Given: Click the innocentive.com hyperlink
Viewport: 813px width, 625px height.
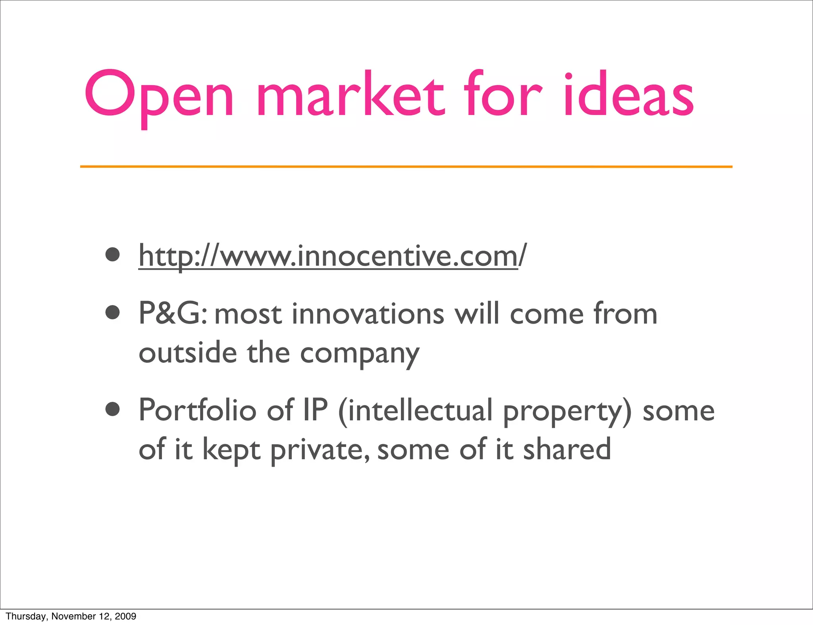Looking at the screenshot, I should [x=332, y=256].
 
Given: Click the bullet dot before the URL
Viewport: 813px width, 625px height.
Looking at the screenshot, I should [x=113, y=255].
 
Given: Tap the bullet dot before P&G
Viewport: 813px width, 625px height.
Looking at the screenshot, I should [x=113, y=312].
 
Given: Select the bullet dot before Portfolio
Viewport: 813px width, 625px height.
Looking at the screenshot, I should [x=113, y=409].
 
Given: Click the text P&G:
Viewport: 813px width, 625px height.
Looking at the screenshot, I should [x=173, y=314].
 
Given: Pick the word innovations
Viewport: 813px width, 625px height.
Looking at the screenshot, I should [x=368, y=314].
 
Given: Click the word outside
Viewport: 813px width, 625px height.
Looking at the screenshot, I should [x=188, y=353].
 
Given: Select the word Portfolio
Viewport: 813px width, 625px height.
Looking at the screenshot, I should [x=197, y=410].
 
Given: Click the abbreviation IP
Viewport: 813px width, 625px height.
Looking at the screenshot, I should [x=315, y=410].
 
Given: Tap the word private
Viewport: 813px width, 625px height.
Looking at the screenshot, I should [x=320, y=451].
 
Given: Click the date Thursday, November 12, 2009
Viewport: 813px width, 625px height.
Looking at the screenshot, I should [x=71, y=616].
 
